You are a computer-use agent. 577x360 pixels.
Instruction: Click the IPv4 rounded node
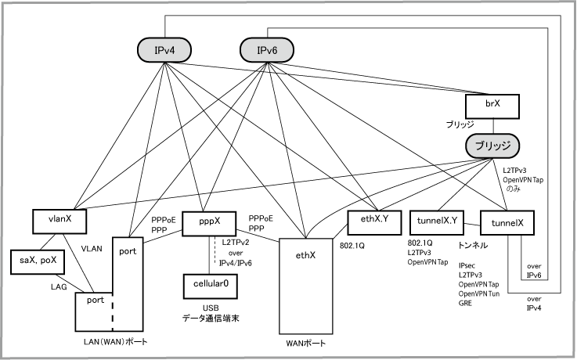[164, 52]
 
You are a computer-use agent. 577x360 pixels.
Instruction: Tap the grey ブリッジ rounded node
[493, 146]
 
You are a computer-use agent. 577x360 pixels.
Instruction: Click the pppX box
[208, 224]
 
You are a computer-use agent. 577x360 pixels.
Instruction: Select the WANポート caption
[305, 344]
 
